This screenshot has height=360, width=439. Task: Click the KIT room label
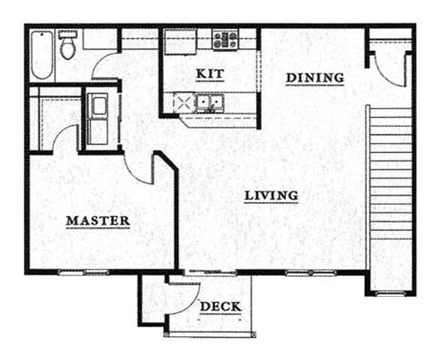tap(210, 73)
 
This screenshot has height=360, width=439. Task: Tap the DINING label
tap(314, 77)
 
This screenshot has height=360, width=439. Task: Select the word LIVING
tap(272, 196)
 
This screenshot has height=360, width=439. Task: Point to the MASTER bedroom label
tap(98, 220)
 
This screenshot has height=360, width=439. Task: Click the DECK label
tap(221, 307)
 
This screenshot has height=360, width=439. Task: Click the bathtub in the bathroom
tap(42, 55)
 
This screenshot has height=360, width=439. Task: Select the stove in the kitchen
tap(224, 40)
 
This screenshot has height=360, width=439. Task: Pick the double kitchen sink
tap(207, 102)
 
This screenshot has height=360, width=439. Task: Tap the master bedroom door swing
tap(140, 166)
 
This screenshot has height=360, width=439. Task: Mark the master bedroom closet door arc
tap(66, 139)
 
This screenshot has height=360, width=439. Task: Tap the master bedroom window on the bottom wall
tap(78, 271)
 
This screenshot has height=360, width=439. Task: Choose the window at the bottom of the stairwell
tap(390, 292)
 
